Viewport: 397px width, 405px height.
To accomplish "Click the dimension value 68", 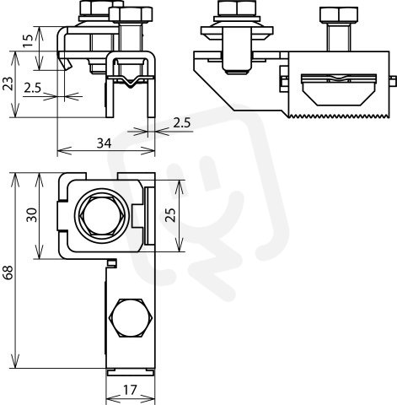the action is (x=8, y=272).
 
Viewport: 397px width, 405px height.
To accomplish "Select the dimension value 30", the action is (x=32, y=215).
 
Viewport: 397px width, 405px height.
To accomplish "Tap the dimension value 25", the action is (x=171, y=214).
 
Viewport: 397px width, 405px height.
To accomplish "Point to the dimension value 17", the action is (x=131, y=390).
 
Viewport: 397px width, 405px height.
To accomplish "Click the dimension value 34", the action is (x=104, y=143).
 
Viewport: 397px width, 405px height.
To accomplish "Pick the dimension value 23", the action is (x=8, y=84).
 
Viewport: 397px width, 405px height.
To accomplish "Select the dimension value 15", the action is (x=29, y=41).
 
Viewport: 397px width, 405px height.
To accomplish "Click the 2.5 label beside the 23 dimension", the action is (x=33, y=88).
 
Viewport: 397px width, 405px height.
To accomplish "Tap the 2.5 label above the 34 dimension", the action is (x=182, y=123).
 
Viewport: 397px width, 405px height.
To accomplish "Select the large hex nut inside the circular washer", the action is (x=102, y=216).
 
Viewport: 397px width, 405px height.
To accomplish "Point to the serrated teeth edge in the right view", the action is (x=339, y=116).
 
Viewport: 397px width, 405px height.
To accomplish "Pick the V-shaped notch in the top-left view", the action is (x=131, y=82).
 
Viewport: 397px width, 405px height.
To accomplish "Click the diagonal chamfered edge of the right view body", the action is (x=214, y=89).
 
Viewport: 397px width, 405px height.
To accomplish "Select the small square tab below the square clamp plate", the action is (x=112, y=262).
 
